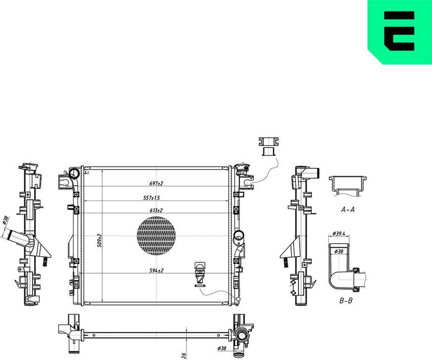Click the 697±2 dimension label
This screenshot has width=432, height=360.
point(156,183)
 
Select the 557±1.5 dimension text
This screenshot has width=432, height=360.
point(152,198)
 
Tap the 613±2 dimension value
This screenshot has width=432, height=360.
point(156,211)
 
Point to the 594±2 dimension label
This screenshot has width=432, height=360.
point(156,271)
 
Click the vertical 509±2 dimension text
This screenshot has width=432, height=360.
point(99,240)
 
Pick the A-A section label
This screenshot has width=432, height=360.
point(348,210)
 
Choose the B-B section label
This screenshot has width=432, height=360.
point(346,300)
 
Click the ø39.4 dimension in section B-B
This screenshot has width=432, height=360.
point(339,233)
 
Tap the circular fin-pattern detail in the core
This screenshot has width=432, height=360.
point(156,235)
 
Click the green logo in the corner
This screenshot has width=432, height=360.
point(400,32)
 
